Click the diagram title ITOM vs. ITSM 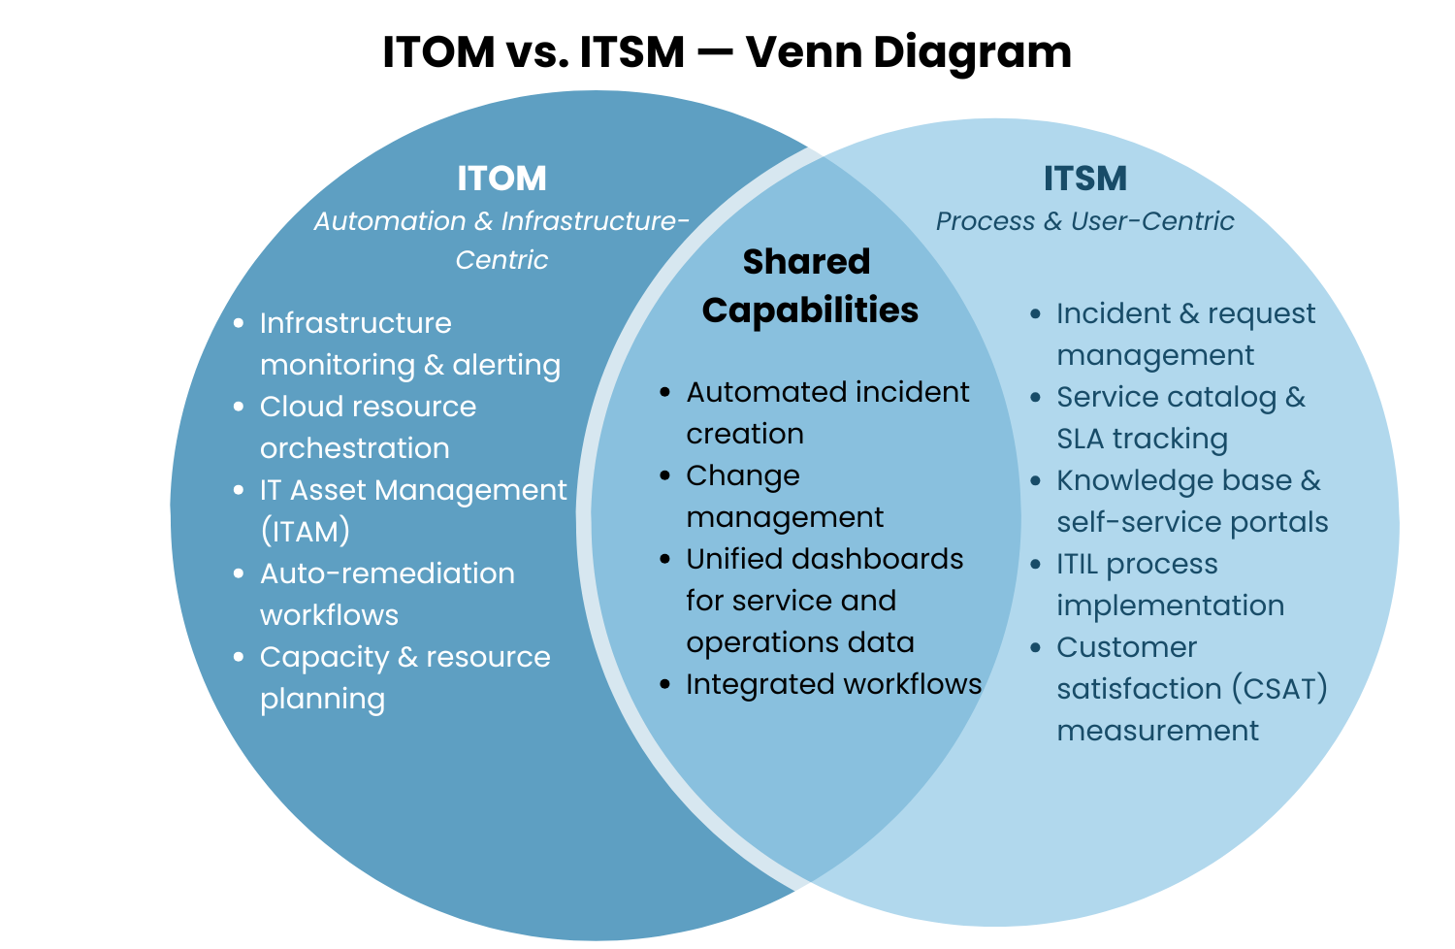[727, 52]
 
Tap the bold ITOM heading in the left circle [501, 179]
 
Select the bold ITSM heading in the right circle [1084, 179]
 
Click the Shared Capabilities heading [809, 286]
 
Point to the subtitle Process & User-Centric [1084, 221]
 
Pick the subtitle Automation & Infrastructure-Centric [501, 240]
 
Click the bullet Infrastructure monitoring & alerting [409, 344]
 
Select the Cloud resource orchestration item [368, 427]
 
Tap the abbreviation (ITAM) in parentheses [305, 532]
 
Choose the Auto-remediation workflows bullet [387, 594]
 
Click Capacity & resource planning [404, 677]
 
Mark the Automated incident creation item [827, 412]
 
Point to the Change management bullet [785, 496]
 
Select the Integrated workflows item [833, 684]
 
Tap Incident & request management [1185, 334]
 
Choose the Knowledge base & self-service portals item [1191, 501]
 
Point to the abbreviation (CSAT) [1279, 689]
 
